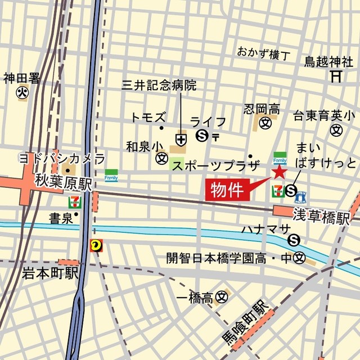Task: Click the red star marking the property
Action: (279, 172)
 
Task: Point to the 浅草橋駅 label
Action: (321, 215)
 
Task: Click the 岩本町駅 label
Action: (50, 274)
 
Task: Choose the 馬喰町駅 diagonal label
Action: (244, 325)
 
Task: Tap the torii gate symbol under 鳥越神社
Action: (336, 75)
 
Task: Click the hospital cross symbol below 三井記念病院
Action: (181, 138)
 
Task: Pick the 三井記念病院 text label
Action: (159, 85)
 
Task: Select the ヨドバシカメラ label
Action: (62, 157)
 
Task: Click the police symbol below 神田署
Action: (22, 92)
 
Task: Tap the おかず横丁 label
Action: (263, 54)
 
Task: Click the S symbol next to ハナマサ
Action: (293, 240)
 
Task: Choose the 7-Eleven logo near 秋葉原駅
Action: (74, 201)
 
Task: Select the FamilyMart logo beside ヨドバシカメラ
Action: (111, 175)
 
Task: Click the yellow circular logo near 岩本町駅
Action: (95, 245)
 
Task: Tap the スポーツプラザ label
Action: (215, 166)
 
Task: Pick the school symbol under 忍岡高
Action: (265, 122)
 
